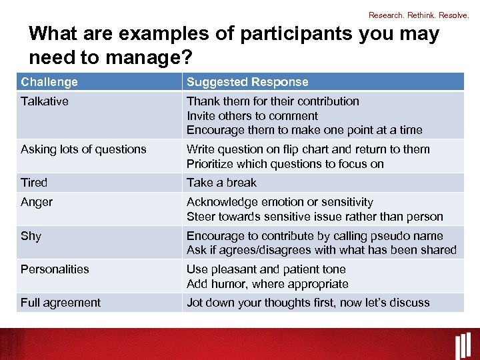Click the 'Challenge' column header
[49, 82]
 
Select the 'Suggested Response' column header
[247, 82]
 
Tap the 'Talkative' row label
[45, 101]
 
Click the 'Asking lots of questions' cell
[83, 149]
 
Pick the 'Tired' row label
[34, 183]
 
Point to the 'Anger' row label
[37, 202]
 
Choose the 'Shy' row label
[31, 236]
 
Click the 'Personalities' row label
[55, 269]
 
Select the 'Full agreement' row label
[61, 303]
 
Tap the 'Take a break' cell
[221, 183]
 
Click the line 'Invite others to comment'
[252, 116]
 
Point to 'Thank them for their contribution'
[273, 101]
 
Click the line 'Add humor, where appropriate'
[267, 284]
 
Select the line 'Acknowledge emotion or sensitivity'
[280, 202]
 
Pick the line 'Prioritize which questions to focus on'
[285, 164]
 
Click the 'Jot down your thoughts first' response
[308, 303]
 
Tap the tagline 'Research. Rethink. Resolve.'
[419, 15]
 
